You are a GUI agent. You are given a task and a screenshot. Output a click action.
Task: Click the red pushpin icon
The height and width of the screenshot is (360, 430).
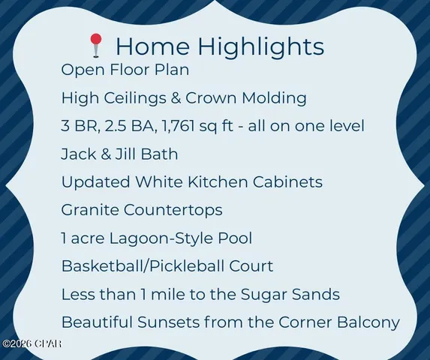click(95, 46)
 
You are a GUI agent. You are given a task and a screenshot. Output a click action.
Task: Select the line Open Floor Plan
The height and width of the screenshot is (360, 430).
click(125, 70)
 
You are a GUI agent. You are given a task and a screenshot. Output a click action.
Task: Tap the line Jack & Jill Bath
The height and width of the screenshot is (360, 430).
click(119, 154)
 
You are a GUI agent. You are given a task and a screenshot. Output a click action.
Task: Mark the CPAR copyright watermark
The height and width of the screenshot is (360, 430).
click(32, 343)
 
